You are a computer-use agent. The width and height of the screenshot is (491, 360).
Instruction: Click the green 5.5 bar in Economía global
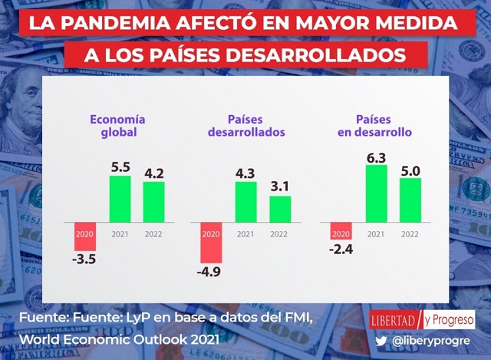pos(120,199)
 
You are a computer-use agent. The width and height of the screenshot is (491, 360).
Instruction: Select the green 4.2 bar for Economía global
pos(154,202)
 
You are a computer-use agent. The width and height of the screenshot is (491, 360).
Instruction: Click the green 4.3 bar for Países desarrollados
pos(245,202)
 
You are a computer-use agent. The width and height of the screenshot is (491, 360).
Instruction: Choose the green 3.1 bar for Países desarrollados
pos(280,209)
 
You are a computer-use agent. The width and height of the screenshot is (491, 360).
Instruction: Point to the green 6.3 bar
pos(376,193)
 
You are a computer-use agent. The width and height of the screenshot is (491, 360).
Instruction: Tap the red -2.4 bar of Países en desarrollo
pos(341,230)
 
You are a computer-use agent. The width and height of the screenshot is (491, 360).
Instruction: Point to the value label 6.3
pos(376,156)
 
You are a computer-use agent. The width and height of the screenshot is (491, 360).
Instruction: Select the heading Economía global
pos(117,126)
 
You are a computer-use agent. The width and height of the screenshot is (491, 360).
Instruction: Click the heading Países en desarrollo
pos(374,126)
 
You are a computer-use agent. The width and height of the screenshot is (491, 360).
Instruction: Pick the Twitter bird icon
pos(381,340)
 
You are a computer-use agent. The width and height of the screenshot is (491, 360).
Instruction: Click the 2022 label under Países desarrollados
pos(280,233)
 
